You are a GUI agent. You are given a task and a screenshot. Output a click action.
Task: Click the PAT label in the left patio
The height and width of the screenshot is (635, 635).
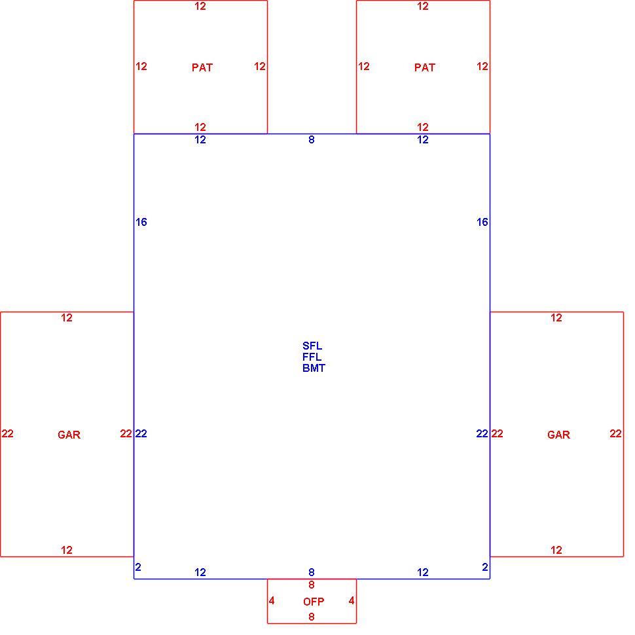[x=202, y=67]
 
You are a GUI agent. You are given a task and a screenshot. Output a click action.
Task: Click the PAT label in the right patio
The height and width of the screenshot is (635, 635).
[x=424, y=67]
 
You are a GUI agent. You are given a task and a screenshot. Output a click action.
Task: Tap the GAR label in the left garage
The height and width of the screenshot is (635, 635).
[x=69, y=435]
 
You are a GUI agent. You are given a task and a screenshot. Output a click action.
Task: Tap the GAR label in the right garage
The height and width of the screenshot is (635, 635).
[x=558, y=435]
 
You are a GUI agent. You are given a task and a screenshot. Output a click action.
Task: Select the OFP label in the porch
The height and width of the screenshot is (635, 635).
[x=314, y=602]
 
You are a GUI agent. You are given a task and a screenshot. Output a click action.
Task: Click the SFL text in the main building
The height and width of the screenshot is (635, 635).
[x=312, y=346]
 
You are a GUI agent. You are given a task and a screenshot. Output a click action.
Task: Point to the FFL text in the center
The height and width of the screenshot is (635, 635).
[x=312, y=357]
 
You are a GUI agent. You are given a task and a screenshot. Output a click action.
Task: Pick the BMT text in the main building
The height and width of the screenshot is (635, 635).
[x=314, y=368]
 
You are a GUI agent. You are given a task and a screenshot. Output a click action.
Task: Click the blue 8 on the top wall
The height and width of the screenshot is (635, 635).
[x=312, y=139]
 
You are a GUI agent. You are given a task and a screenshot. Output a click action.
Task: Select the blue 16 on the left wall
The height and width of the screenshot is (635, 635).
[x=141, y=222]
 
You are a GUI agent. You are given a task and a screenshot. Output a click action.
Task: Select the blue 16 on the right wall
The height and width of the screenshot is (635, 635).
[x=482, y=222]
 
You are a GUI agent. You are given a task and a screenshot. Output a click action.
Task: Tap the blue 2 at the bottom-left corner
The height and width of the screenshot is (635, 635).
[x=138, y=567]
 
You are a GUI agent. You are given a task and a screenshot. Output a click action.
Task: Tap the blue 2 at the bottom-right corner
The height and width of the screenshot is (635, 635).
[x=485, y=567]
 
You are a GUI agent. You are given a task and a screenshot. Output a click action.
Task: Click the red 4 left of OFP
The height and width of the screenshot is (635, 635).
[x=272, y=600]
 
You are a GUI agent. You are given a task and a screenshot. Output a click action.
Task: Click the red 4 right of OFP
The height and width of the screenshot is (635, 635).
[x=352, y=600]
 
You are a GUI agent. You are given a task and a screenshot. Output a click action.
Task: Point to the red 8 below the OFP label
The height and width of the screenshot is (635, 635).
[x=312, y=617]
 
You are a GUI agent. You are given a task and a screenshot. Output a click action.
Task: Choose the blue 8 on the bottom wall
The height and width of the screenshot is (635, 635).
[x=312, y=572]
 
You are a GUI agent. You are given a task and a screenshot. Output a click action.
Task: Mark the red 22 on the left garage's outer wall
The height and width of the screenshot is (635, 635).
[x=8, y=434]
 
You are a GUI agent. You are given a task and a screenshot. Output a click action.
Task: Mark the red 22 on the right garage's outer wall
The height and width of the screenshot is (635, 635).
[x=615, y=434]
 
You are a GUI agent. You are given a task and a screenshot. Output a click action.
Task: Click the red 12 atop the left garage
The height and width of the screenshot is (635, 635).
[x=67, y=318]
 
